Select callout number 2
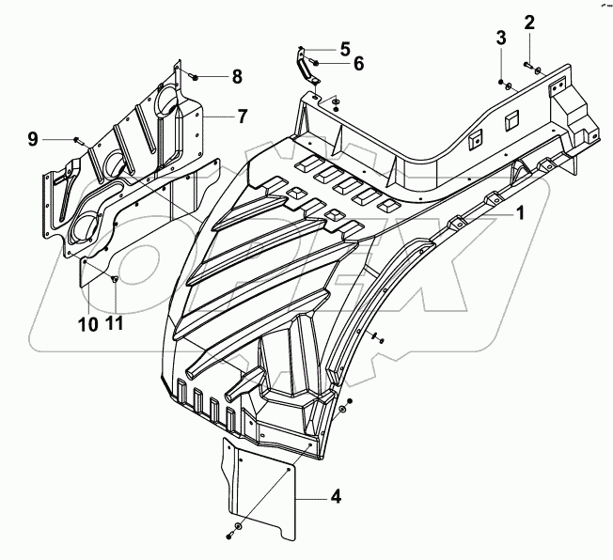point(529,22)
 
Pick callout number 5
point(319,47)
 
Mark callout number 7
point(242,117)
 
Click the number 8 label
point(237,75)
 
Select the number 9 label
point(33,139)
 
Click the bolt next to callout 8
point(193,74)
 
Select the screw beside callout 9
point(76,140)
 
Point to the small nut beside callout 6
point(314,63)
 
